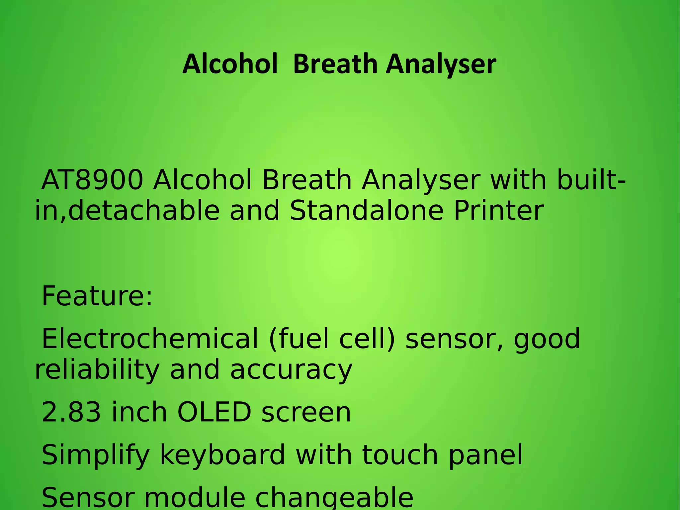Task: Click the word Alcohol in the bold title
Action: click(230, 64)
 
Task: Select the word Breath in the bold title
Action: click(335, 64)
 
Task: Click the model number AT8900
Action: click(92, 180)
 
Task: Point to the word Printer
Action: click(499, 211)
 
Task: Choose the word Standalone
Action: click(367, 211)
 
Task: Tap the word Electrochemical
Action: click(150, 339)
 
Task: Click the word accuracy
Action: click(291, 370)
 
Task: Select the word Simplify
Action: click(96, 456)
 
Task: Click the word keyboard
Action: click(222, 456)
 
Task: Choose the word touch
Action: click(400, 456)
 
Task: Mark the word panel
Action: click(486, 456)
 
